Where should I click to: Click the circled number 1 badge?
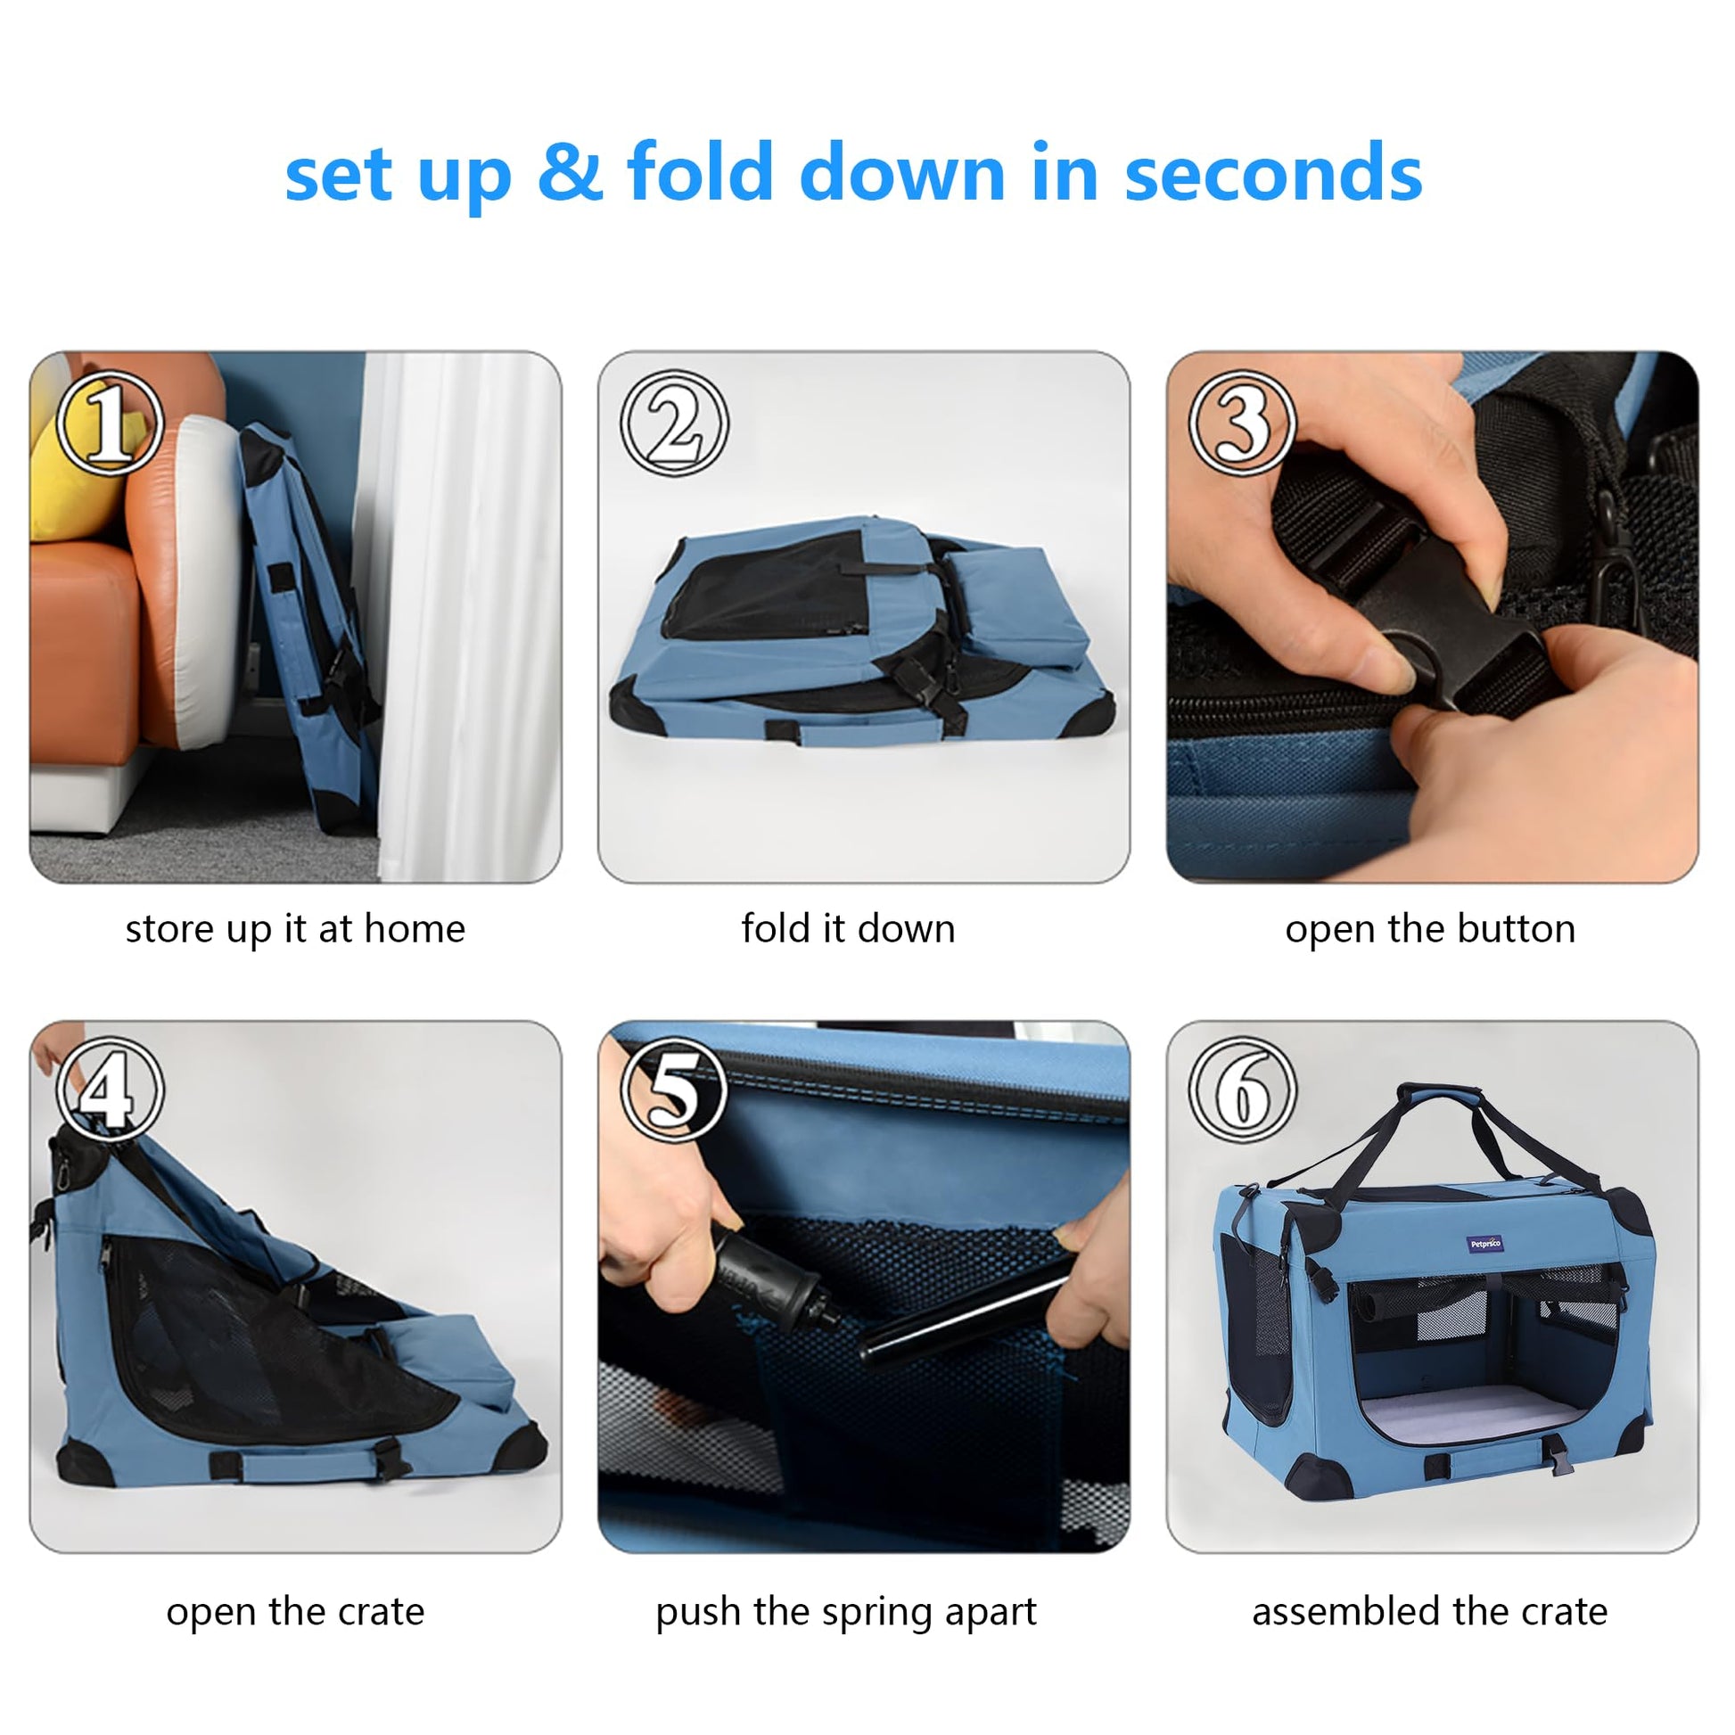pyautogui.click(x=110, y=423)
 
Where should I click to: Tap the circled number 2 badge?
pyautogui.click(x=674, y=423)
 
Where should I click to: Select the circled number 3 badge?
pyautogui.click(x=1243, y=423)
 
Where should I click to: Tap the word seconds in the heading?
pyautogui.click(x=1273, y=172)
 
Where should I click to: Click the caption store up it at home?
pyautogui.click(x=295, y=929)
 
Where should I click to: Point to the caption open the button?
pyautogui.click(x=1431, y=929)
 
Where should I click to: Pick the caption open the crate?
pyautogui.click(x=295, y=1612)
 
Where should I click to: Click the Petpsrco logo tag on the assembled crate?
pyautogui.click(x=1485, y=1245)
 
